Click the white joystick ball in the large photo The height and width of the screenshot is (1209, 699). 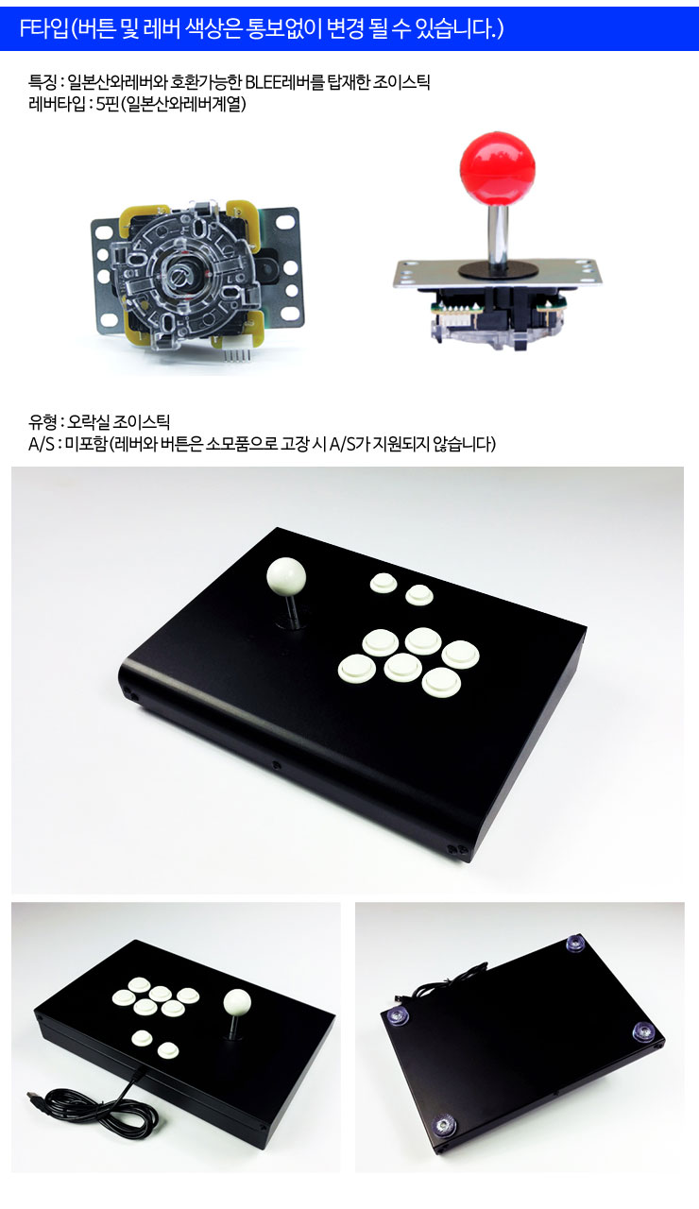[286, 576]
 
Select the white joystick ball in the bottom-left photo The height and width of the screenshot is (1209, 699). [237, 1001]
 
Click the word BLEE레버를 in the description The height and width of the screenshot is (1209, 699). [285, 82]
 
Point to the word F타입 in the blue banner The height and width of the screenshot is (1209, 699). [44, 28]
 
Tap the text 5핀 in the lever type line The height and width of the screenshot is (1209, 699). [107, 103]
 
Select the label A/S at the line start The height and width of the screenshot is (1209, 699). [41, 444]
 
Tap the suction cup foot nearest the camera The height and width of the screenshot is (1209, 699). [444, 1126]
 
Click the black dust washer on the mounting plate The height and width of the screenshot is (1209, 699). [498, 269]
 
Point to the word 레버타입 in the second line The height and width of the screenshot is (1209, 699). [57, 103]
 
